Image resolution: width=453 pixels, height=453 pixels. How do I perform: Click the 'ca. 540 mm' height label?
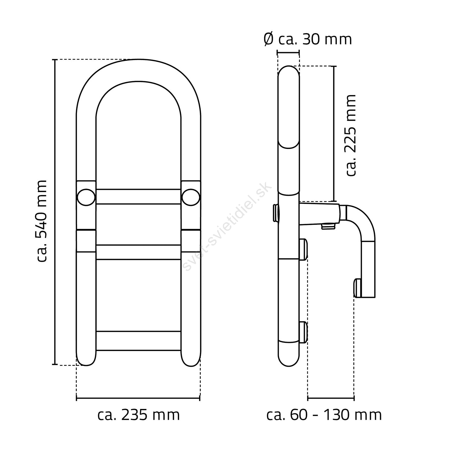[x=42, y=221]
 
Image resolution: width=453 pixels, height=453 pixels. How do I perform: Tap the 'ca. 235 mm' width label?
[x=139, y=415]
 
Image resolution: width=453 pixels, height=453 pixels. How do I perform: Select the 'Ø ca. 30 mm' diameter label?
[x=308, y=39]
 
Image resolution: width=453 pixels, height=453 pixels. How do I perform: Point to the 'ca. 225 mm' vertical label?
[x=351, y=135]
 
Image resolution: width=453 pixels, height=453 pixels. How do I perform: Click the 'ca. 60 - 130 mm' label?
[x=324, y=415]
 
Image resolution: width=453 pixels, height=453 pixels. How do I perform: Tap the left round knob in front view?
[x=86, y=197]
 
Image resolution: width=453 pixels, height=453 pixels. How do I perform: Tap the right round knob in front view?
[x=191, y=197]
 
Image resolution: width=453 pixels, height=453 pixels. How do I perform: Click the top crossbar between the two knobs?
[x=139, y=197]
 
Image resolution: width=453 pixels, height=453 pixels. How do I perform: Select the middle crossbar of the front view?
[x=139, y=252]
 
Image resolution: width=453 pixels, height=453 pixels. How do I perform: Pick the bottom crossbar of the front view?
[x=139, y=341]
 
